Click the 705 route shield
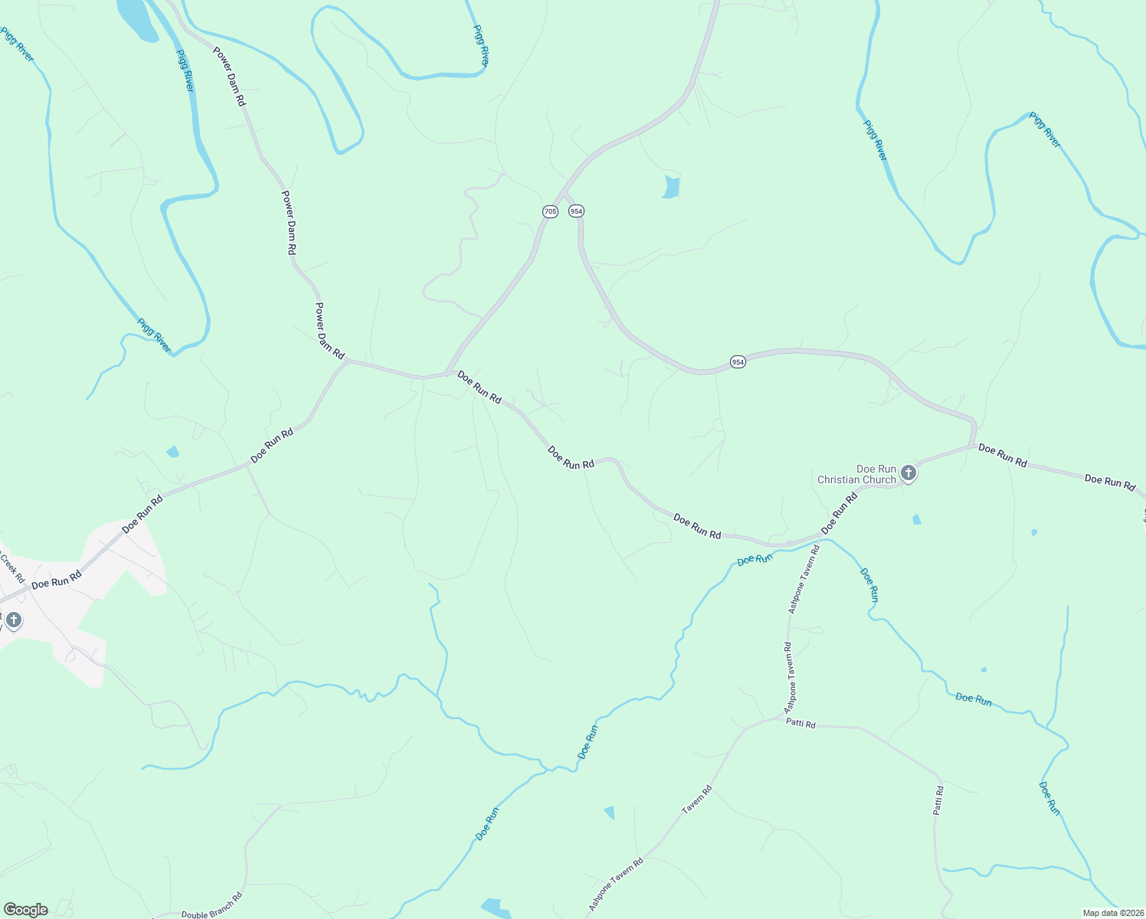coord(550,211)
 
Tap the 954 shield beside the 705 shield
coord(576,211)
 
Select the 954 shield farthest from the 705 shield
coord(737,361)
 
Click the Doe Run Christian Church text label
coord(856,475)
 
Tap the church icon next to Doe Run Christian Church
coord(908,473)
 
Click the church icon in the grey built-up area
coord(14,619)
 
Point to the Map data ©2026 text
coord(1112,913)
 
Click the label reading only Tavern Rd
coord(696,799)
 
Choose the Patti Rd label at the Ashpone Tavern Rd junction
coord(801,724)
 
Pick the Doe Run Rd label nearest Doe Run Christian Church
coord(840,513)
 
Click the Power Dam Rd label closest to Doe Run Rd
coord(329,329)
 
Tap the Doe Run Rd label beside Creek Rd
coord(56,580)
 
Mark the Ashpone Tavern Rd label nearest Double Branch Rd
coord(615,884)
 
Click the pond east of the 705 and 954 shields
coord(671,187)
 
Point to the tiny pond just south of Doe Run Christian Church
coord(917,519)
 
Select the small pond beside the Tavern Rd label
coord(610,812)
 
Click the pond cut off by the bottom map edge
coord(495,908)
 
